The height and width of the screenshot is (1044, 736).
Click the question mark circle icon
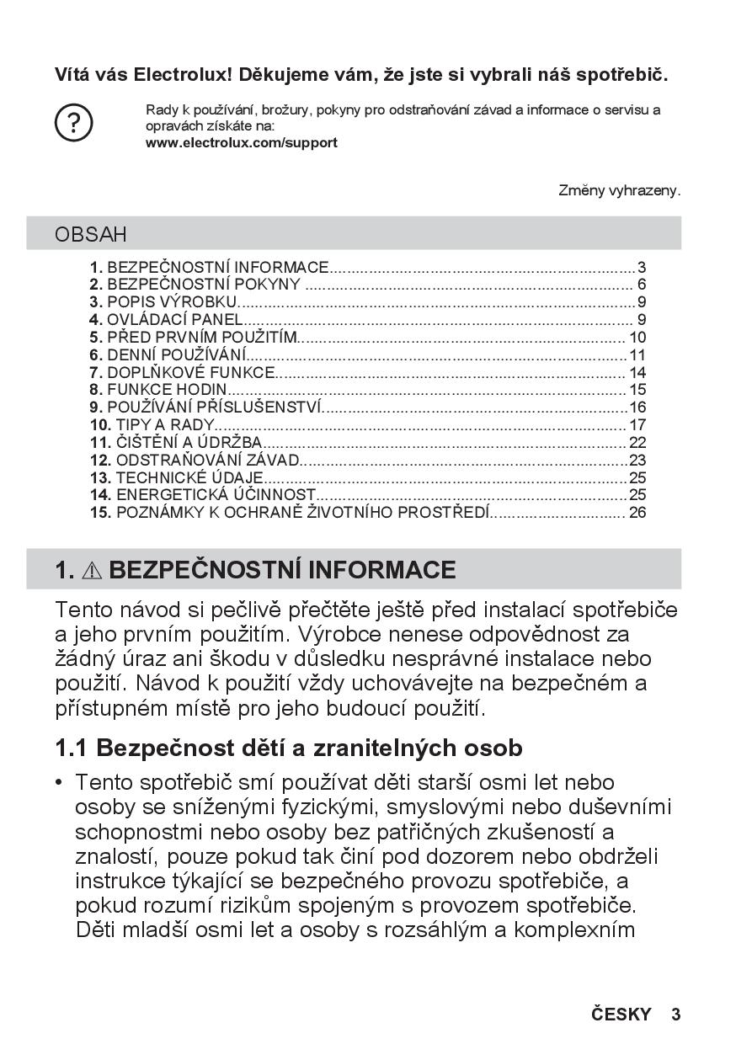click(x=73, y=124)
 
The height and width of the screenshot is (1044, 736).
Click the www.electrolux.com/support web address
click(x=242, y=143)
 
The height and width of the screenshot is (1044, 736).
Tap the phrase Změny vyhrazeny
click(x=619, y=191)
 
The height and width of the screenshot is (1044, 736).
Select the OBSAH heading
click(x=91, y=234)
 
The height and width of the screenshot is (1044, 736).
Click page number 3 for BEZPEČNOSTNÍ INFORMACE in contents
click(x=642, y=268)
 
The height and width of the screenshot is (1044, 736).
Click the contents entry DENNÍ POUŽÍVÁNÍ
click(x=168, y=355)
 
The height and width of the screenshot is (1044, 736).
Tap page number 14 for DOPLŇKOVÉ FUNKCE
click(x=637, y=373)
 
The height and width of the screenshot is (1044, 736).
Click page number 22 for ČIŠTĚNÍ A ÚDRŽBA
click(x=637, y=443)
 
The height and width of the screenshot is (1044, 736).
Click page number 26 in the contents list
click(x=637, y=513)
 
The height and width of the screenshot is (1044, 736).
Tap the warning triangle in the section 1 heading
click(x=91, y=571)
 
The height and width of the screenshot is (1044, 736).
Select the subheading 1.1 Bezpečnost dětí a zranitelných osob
click(x=289, y=748)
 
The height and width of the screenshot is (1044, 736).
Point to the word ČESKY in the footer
click(x=621, y=1015)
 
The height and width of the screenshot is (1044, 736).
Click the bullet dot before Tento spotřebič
click(x=59, y=784)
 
